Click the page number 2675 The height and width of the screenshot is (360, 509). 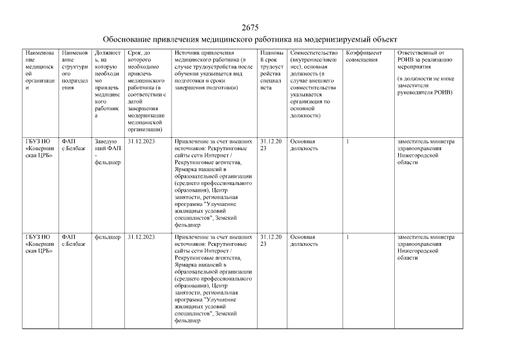point(250,28)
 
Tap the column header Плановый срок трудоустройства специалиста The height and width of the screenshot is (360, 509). point(273,70)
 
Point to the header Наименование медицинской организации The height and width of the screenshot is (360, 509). point(39,74)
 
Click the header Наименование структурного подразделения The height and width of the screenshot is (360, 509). point(75,70)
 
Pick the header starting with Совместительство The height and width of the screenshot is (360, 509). point(313,84)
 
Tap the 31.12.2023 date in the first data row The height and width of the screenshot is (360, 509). point(141,142)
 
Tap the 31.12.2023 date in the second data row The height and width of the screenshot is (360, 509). point(141,237)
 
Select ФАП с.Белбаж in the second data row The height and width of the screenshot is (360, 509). point(74,241)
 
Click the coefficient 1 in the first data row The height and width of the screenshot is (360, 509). point(348,142)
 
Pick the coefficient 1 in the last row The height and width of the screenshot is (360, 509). point(348,237)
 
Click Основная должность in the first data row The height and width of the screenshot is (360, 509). point(304,145)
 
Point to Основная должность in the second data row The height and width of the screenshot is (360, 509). point(304,241)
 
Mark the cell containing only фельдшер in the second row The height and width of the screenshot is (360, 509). point(107,237)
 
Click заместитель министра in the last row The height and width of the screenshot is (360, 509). point(426,237)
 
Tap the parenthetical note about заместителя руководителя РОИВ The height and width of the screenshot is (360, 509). point(425,85)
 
